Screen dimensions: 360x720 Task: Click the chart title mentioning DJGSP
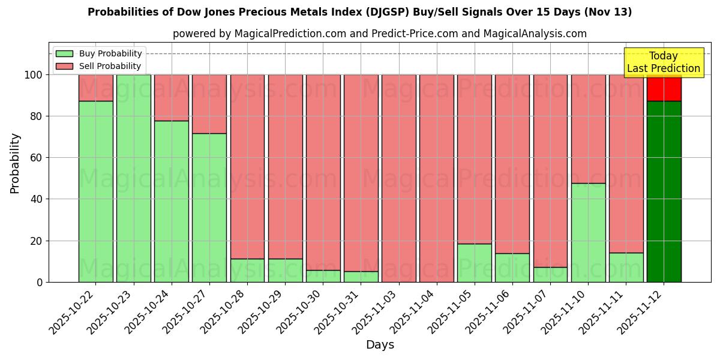coord(359,12)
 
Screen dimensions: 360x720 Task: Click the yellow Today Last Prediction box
coord(663,62)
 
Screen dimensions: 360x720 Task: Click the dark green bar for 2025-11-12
coord(664,192)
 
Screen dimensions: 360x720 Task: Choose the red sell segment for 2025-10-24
coord(171,98)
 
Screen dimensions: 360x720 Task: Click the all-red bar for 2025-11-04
coord(436,180)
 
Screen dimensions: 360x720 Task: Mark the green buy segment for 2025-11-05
coord(474,263)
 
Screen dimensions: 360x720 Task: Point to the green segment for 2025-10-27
coord(209,208)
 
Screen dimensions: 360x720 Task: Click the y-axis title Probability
coord(15,163)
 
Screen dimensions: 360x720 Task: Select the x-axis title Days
coord(380,345)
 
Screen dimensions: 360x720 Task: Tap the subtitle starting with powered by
coord(379,34)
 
